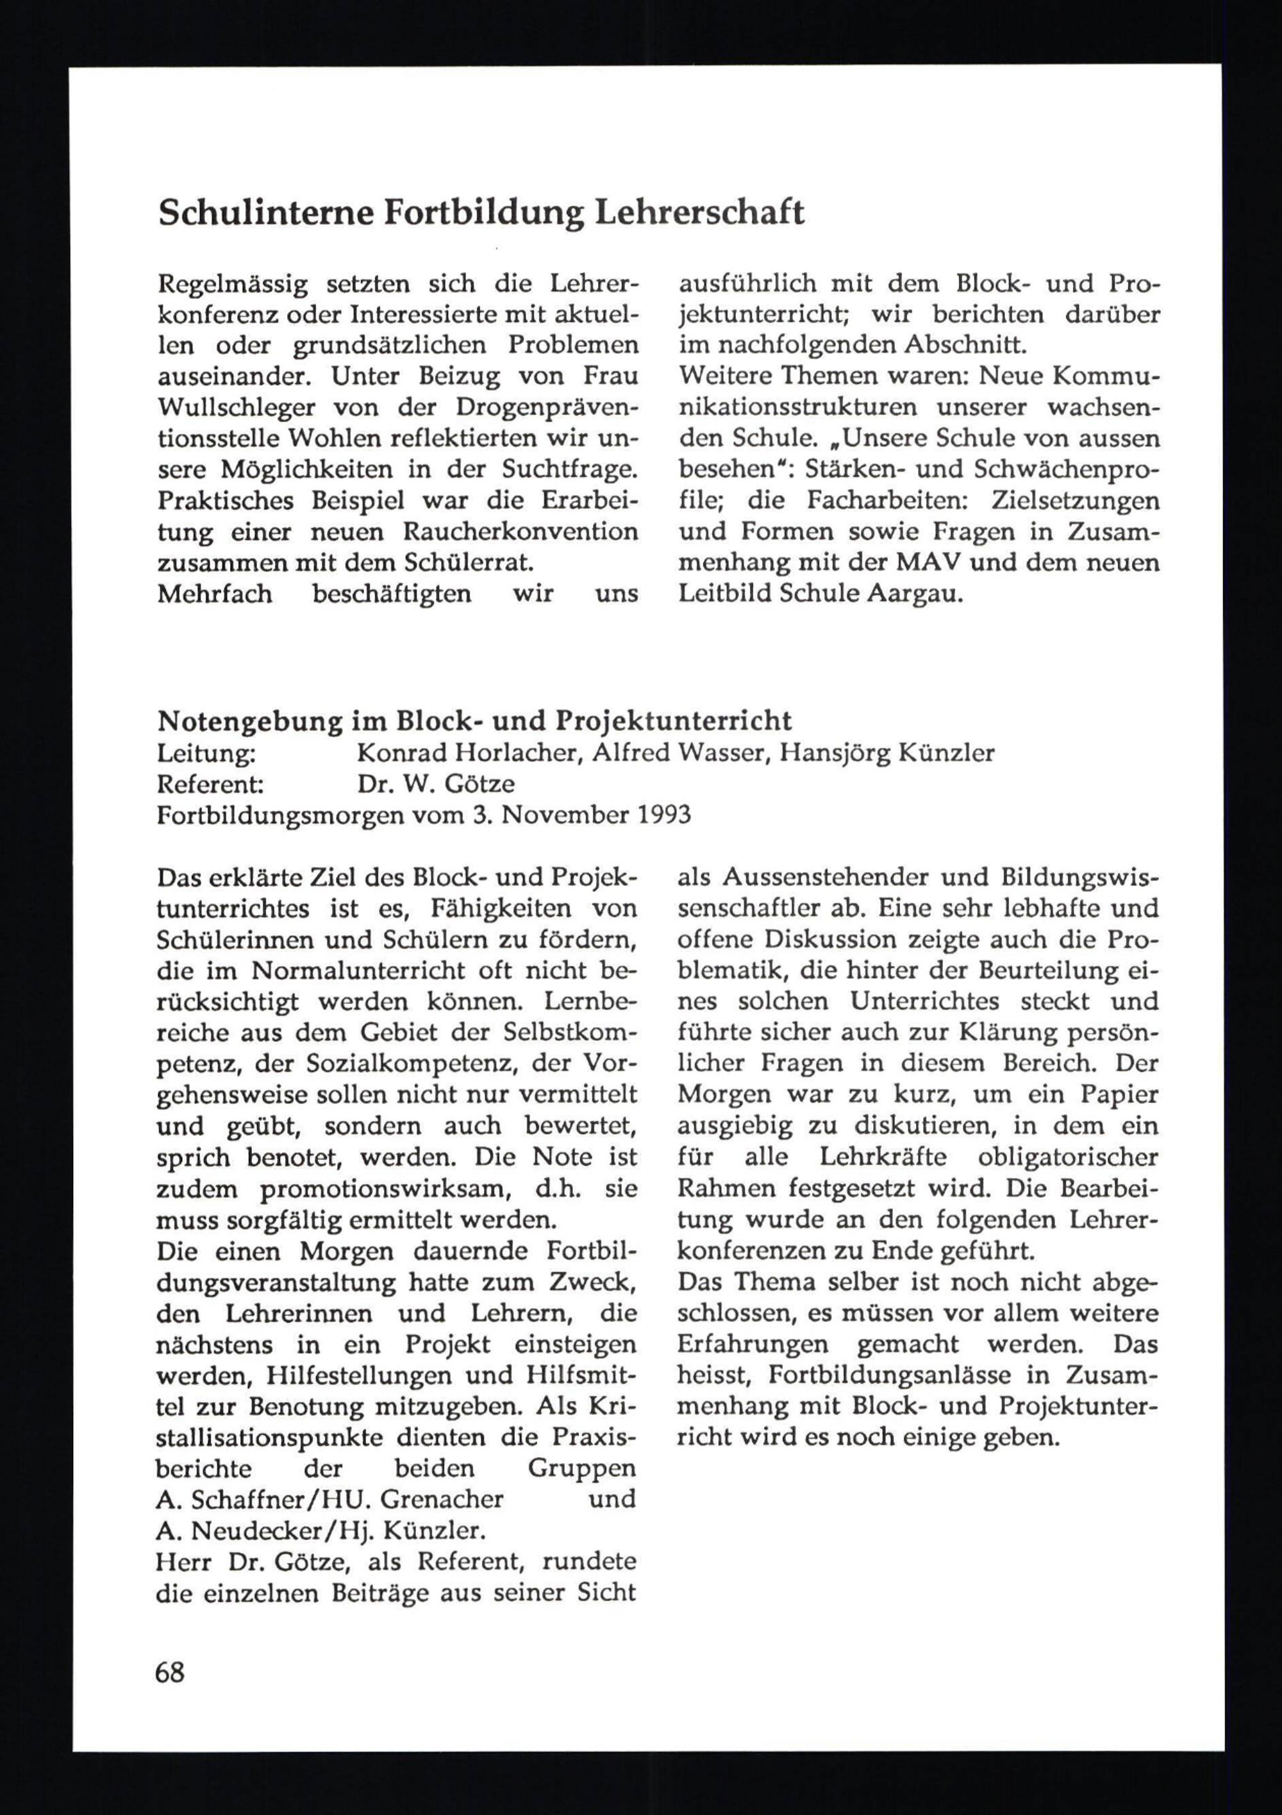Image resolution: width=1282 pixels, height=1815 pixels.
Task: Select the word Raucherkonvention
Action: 520,531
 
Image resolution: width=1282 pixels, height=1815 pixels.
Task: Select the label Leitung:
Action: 206,752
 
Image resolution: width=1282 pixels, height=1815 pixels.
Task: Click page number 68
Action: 170,1673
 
